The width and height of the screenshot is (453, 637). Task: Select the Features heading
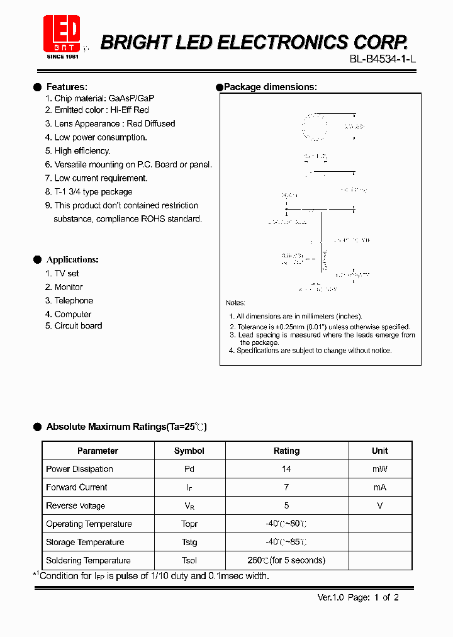coord(67,87)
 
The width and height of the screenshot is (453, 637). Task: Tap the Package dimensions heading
coord(270,87)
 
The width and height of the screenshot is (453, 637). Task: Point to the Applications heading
coord(72,259)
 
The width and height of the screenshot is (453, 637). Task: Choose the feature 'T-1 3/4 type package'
coord(93,192)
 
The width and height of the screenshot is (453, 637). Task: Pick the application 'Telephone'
coord(74,301)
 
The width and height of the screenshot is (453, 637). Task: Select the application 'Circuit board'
coord(78,326)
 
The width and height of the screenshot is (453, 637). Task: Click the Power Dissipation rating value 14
coord(286,469)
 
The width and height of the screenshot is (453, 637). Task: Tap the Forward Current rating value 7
coord(286,487)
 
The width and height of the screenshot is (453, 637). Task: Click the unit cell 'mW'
coord(379,469)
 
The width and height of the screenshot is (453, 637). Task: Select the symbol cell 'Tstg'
coord(189,542)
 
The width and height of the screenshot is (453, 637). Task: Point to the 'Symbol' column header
coord(189,451)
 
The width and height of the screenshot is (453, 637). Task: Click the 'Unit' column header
coord(379,451)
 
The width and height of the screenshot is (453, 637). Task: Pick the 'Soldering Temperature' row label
coord(88,560)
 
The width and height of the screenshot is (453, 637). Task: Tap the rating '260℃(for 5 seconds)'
coord(286,560)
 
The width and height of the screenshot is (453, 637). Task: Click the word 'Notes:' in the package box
coord(235,303)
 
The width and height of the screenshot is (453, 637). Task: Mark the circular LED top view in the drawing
coord(314,127)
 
